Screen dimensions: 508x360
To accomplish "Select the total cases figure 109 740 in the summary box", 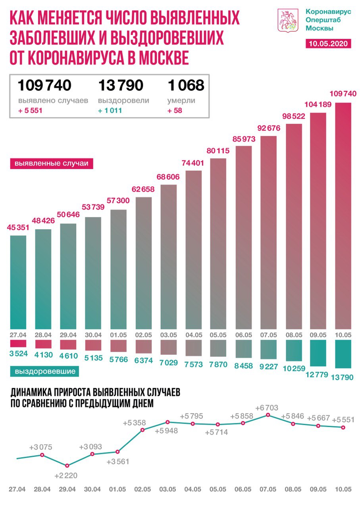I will pos(44,85).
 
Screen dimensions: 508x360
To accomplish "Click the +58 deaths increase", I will pos(175,111).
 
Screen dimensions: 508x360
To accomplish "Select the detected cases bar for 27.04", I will pos(17,282).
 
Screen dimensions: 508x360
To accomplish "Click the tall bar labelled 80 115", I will pos(218,242).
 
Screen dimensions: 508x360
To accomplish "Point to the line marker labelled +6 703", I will pos(268,415).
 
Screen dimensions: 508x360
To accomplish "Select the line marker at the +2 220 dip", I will pos(67,466).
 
